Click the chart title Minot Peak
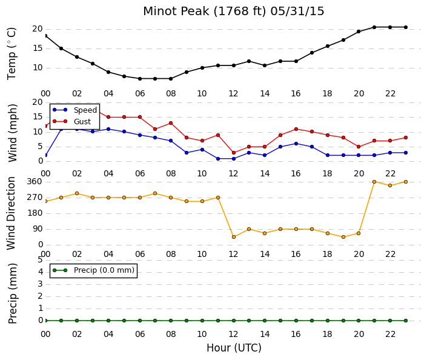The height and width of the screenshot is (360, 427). [x=176, y=11]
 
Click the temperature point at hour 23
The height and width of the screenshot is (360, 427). [x=406, y=27]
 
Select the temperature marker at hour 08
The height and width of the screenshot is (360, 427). [x=171, y=79]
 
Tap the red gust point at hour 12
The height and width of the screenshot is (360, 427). [x=234, y=153]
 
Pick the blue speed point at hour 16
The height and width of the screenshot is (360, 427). [x=296, y=144]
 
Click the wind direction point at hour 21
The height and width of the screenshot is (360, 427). [x=374, y=182]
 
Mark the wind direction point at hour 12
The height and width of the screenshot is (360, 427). [x=234, y=237]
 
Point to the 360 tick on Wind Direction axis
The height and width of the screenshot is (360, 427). [x=35, y=181]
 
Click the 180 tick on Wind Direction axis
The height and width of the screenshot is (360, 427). [x=35, y=213]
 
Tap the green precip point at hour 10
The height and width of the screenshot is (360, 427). [x=202, y=321]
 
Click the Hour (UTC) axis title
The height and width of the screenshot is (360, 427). [x=234, y=348]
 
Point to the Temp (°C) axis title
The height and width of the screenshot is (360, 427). [x=12, y=53]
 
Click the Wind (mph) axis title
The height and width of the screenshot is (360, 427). [x=13, y=133]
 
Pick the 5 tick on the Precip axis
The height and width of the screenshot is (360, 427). [x=41, y=260]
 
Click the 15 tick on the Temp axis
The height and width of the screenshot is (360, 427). [x=38, y=48]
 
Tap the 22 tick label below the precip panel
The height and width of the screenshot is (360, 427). [x=390, y=334]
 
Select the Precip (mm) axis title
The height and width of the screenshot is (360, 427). [x=13, y=293]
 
